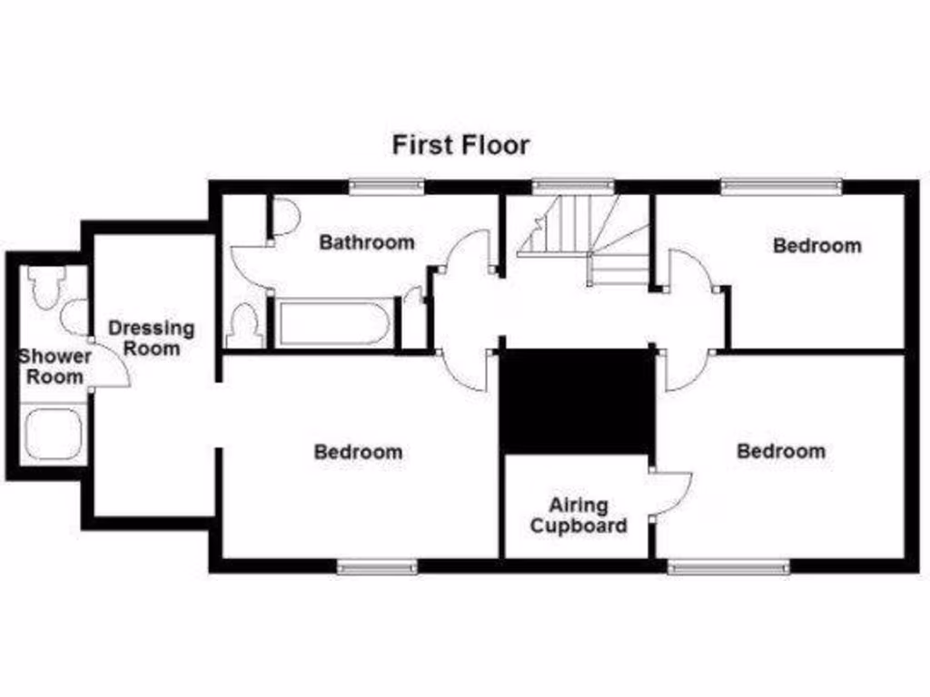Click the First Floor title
tap(460, 145)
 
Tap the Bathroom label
tap(367, 242)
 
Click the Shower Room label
tap(54, 366)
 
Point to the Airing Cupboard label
tap(579, 515)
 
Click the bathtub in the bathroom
tap(333, 323)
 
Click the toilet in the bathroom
tap(243, 326)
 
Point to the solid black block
tap(578, 400)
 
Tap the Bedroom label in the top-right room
tap(816, 245)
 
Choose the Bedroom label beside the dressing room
tap(358, 451)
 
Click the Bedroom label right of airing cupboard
tap(781, 451)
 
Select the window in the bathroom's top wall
tap(387, 187)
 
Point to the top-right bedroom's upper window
tap(781, 187)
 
